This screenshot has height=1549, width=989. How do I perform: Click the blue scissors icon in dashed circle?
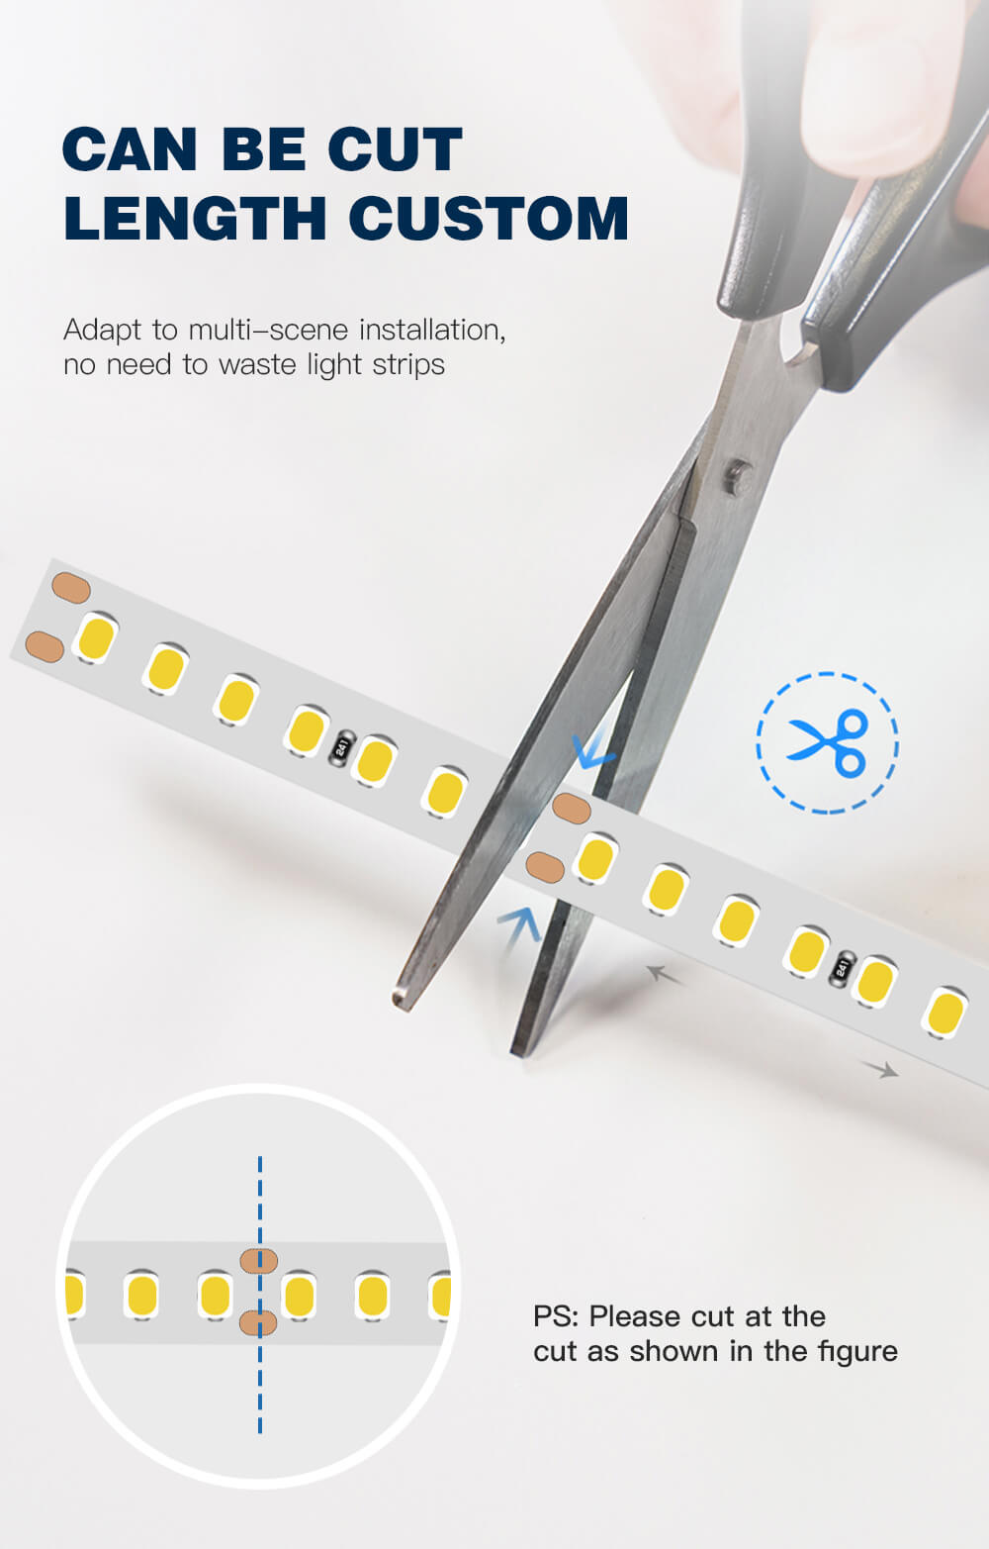click(827, 742)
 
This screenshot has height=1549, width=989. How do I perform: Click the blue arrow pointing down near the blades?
click(593, 747)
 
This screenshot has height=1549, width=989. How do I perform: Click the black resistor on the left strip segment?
click(341, 747)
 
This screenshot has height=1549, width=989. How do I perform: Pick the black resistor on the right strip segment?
click(842, 968)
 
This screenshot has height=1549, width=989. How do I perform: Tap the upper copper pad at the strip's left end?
click(71, 588)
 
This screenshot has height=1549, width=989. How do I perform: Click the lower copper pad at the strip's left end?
click(45, 646)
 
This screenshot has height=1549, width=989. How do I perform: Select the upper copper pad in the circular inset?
click(259, 1261)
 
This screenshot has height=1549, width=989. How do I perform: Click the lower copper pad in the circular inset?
click(258, 1323)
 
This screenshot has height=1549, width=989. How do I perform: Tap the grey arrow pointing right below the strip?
click(880, 1069)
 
